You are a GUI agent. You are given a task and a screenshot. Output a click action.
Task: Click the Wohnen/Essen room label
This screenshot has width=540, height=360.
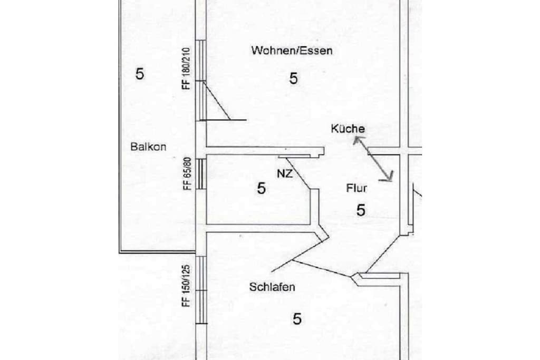coord(292,51)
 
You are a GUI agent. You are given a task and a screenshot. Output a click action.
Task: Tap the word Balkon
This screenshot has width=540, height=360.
coord(148,147)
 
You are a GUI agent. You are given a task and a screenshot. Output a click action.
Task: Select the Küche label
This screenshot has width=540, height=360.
coord(348,129)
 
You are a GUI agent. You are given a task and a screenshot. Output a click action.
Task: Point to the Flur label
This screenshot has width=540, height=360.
coord(356,188)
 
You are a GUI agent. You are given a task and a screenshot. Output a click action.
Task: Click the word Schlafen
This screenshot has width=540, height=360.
coord(272,287)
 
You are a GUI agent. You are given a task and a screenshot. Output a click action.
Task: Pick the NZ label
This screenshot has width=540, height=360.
coord(285,173)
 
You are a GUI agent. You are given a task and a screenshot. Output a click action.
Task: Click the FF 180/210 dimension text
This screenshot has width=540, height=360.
coord(186,69)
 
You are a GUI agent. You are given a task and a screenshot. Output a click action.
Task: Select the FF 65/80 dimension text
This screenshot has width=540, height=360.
coord(187,173)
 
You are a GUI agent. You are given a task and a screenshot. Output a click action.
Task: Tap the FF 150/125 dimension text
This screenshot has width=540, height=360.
coord(186,286)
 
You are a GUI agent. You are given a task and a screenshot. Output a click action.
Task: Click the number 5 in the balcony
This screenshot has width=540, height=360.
coord(139,74)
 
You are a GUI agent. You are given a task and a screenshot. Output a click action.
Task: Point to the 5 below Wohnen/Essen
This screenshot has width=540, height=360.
coord(293,79)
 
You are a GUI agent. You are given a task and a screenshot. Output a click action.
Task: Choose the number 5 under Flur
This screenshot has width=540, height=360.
coord(361,210)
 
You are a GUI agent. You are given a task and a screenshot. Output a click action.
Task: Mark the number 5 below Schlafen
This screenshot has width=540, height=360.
coord(297,319)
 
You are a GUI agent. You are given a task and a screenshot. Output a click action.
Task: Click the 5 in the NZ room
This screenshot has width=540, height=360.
coord(262,188)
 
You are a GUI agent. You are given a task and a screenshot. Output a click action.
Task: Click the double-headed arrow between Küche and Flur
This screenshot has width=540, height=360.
coord(373,158)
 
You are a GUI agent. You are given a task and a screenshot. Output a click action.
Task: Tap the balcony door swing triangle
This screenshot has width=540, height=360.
coord(217,101)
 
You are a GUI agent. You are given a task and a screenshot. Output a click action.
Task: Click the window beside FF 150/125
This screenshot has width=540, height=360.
coord(201,290)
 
